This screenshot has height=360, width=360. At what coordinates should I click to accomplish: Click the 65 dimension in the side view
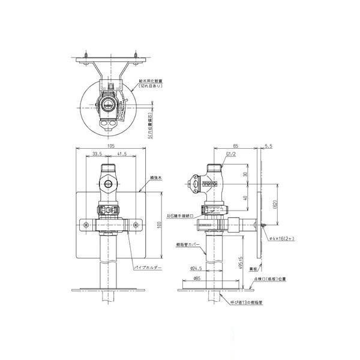(x=235, y=145)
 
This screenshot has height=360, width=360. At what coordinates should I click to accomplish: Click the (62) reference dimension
(x=276, y=205)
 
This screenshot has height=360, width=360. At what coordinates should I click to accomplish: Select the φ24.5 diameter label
(x=196, y=268)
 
